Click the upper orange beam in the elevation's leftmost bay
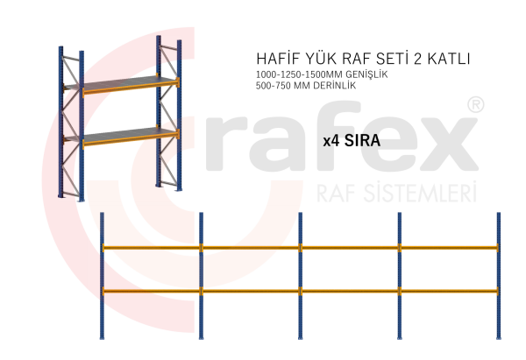pyautogui.click(x=151, y=248)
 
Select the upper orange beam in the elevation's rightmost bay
pyautogui.click(x=449, y=248)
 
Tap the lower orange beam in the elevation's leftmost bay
pyautogui.click(x=151, y=291)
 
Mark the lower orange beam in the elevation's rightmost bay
pyautogui.click(x=449, y=291)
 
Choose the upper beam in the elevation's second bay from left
pyautogui.click(x=250, y=248)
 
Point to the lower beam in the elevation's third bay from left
pyautogui.click(x=349, y=291)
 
